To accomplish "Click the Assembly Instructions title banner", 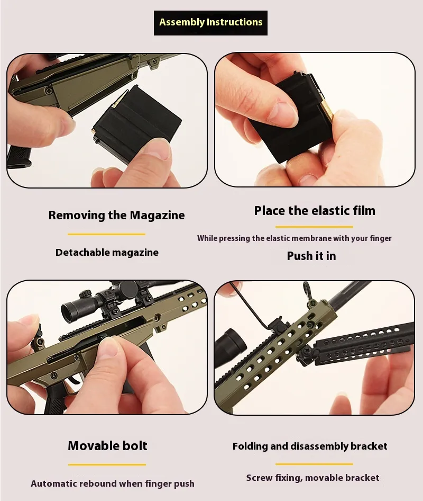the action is click(210, 23).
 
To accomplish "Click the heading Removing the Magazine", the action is click(116, 216).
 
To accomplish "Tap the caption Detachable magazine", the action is click(107, 253).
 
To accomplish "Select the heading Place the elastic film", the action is click(315, 211).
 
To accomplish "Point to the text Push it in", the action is click(311, 256).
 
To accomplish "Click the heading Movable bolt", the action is click(107, 446).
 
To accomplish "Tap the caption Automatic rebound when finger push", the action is click(113, 484).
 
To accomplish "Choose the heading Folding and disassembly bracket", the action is click(310, 446).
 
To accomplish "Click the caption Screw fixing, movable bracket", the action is click(312, 478).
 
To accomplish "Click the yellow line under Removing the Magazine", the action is click(107, 234).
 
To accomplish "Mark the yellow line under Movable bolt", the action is click(107, 464).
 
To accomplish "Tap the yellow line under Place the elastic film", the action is click(314, 227).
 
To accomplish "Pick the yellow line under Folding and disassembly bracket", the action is click(314, 464).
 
